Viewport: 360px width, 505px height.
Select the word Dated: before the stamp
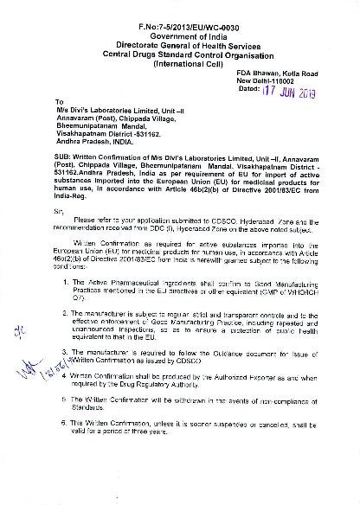[248, 90]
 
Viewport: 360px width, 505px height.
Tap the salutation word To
[59, 101]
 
